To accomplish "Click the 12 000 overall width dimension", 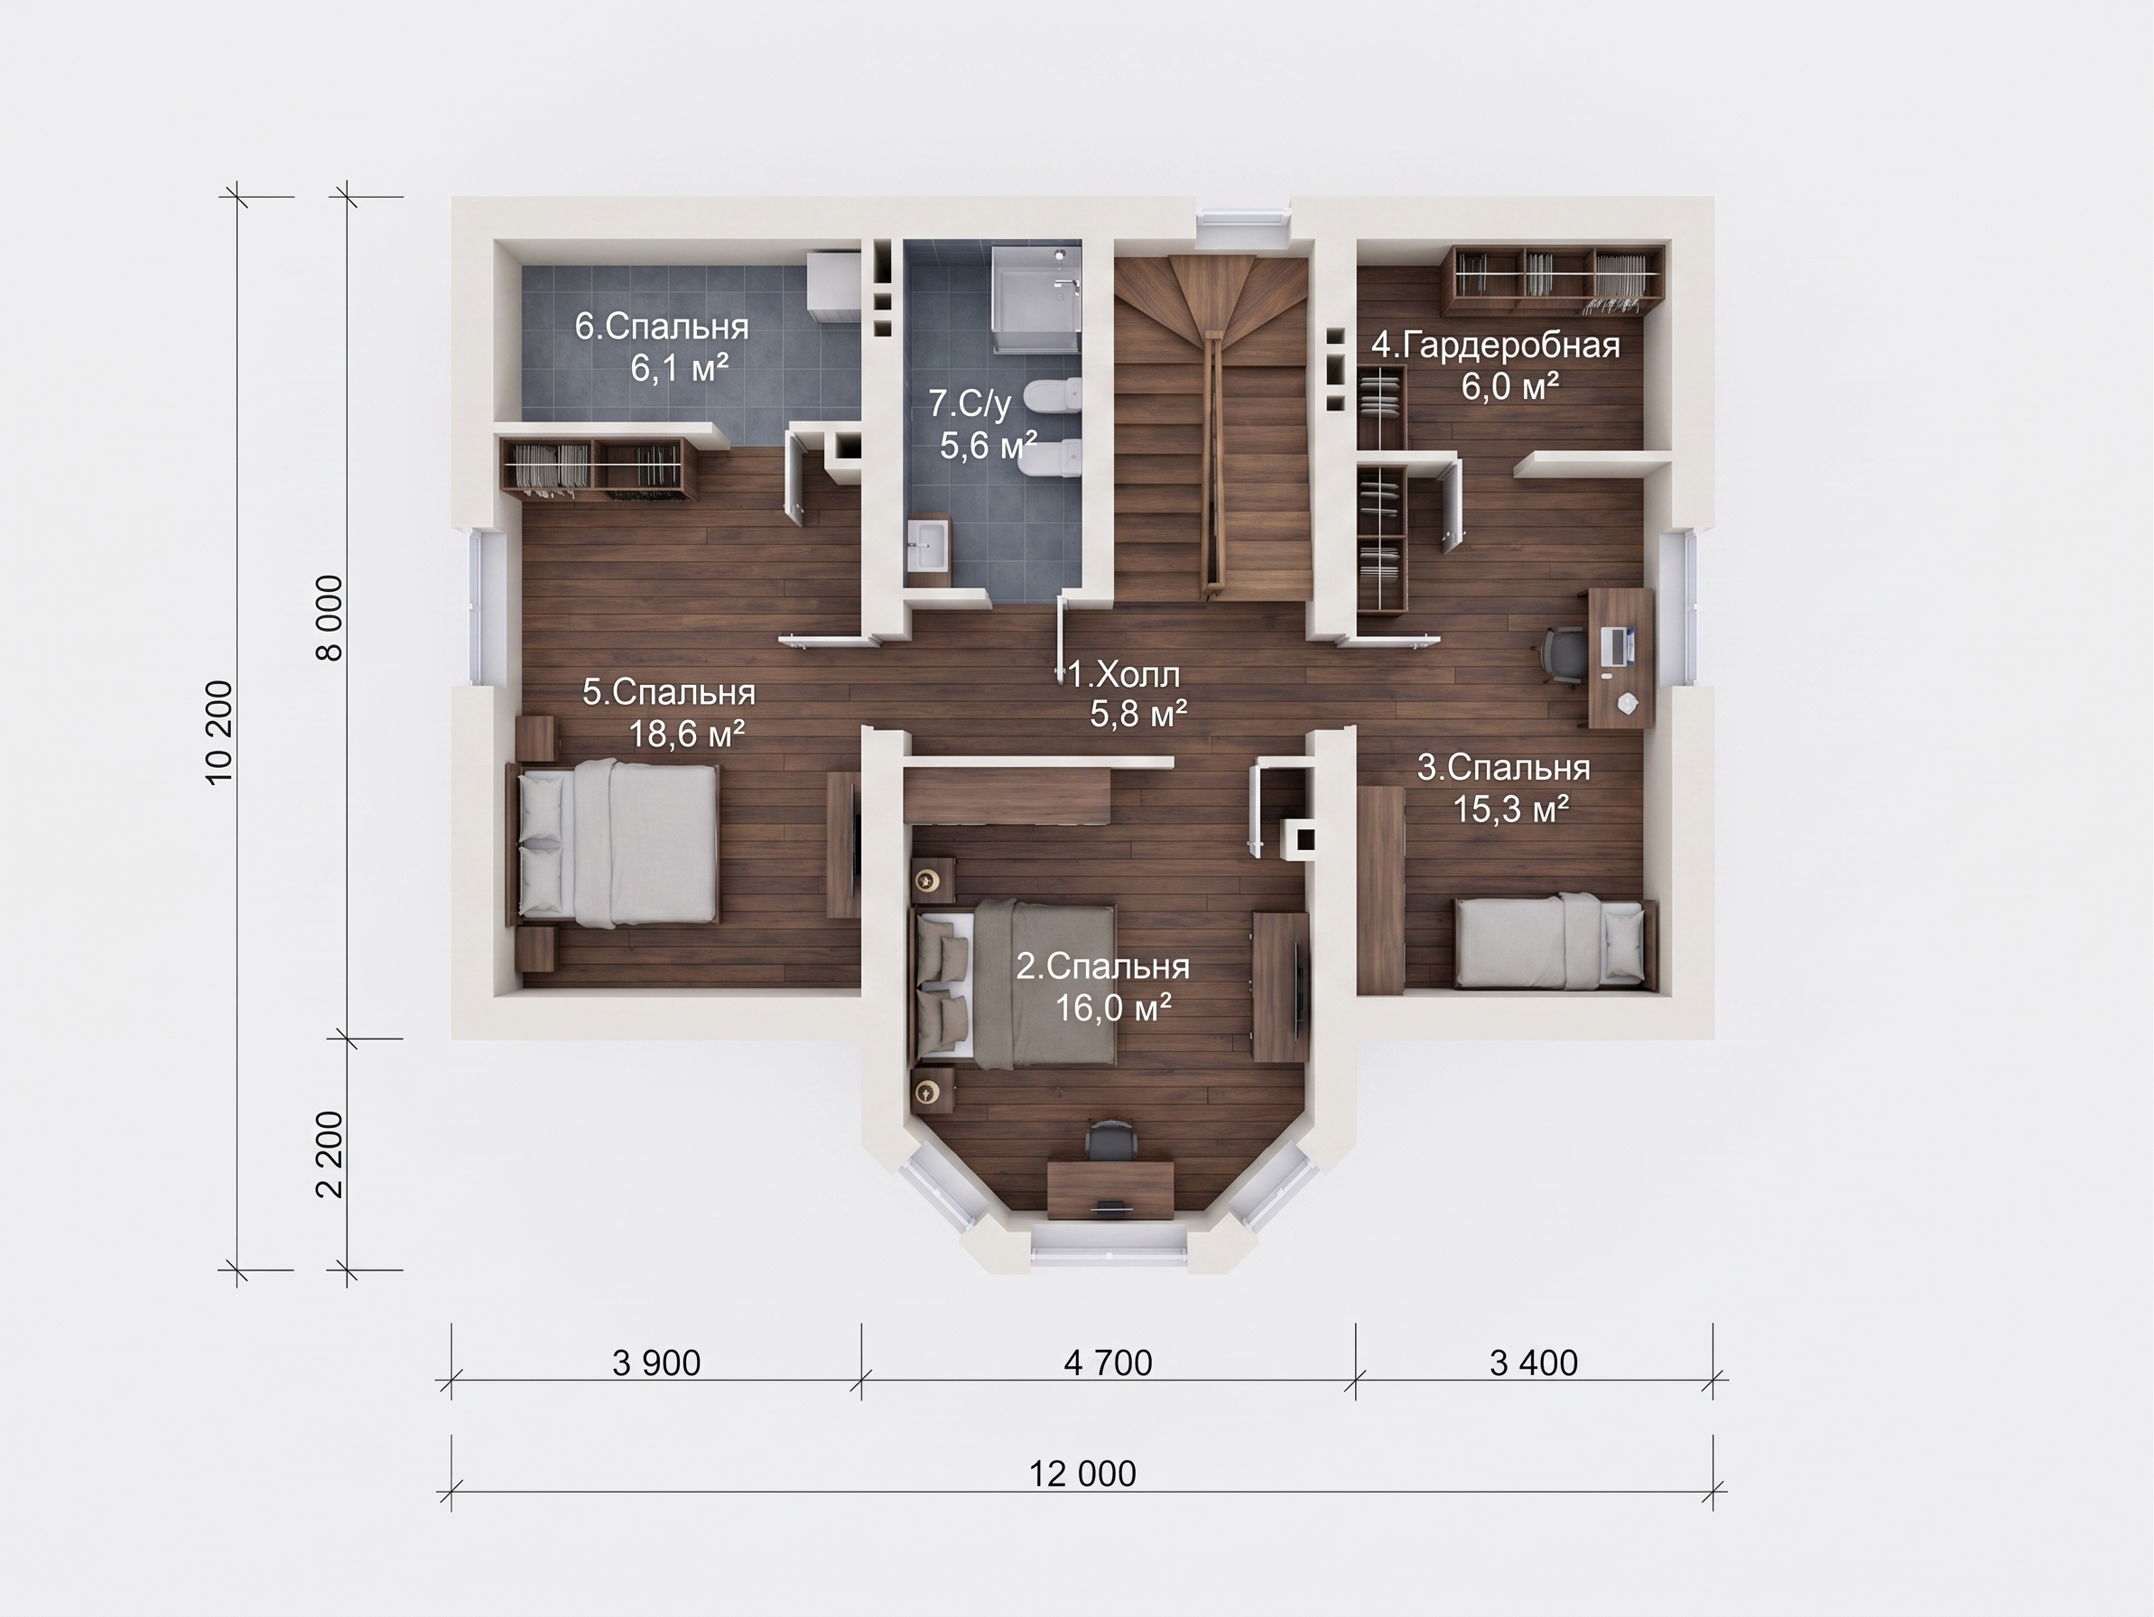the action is (x=1082, y=1474).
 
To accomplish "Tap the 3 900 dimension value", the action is (x=656, y=1363).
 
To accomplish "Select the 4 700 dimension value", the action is (x=1109, y=1363).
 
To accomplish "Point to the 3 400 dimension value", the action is (x=1534, y=1363).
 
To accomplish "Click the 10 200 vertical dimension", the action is (x=220, y=732).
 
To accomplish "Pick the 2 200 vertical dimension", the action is (x=330, y=1155).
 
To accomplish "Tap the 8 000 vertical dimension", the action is (x=330, y=618).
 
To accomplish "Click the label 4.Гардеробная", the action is (x=1496, y=346).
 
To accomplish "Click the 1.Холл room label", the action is (x=1125, y=674).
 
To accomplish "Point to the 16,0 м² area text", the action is (x=1113, y=1008).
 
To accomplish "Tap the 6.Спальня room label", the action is (x=661, y=326).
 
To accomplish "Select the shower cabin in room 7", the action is (x=1036, y=300).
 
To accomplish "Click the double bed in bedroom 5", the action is (x=614, y=844).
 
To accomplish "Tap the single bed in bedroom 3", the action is (x=1555, y=942).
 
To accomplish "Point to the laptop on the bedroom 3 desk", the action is (x=1618, y=646).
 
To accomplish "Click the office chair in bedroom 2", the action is (x=1111, y=1140).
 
